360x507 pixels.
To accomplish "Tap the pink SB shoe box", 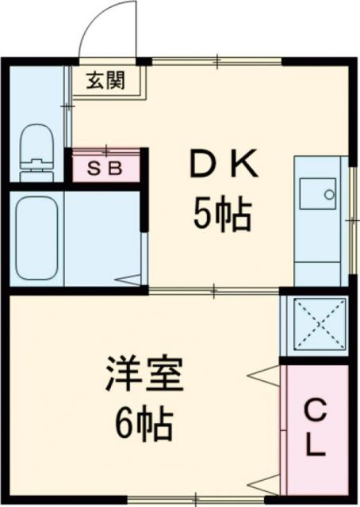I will (106, 169).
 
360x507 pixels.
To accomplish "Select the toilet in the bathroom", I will (35, 147).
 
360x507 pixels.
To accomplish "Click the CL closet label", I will (316, 429).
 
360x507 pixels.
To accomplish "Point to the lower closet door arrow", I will (265, 482).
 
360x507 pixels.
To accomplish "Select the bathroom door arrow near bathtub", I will (128, 280).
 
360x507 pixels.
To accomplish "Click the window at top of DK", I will (216, 61).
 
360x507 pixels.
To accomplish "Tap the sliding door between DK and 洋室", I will (214, 291).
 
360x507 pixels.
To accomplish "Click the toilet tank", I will (34, 166).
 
